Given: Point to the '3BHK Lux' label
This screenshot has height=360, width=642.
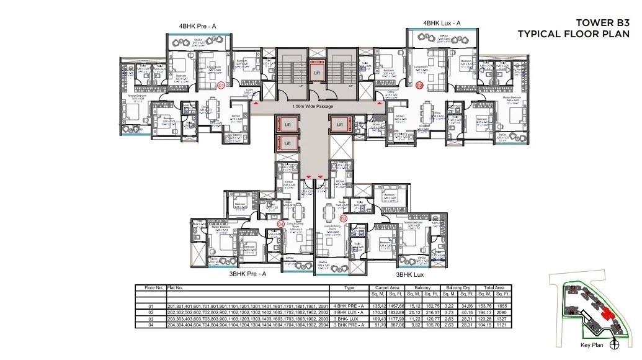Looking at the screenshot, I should click(410, 273).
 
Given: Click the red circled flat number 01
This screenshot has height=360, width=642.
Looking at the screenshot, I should click(221, 86).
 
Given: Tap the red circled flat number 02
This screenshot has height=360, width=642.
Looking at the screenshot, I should click(420, 86).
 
